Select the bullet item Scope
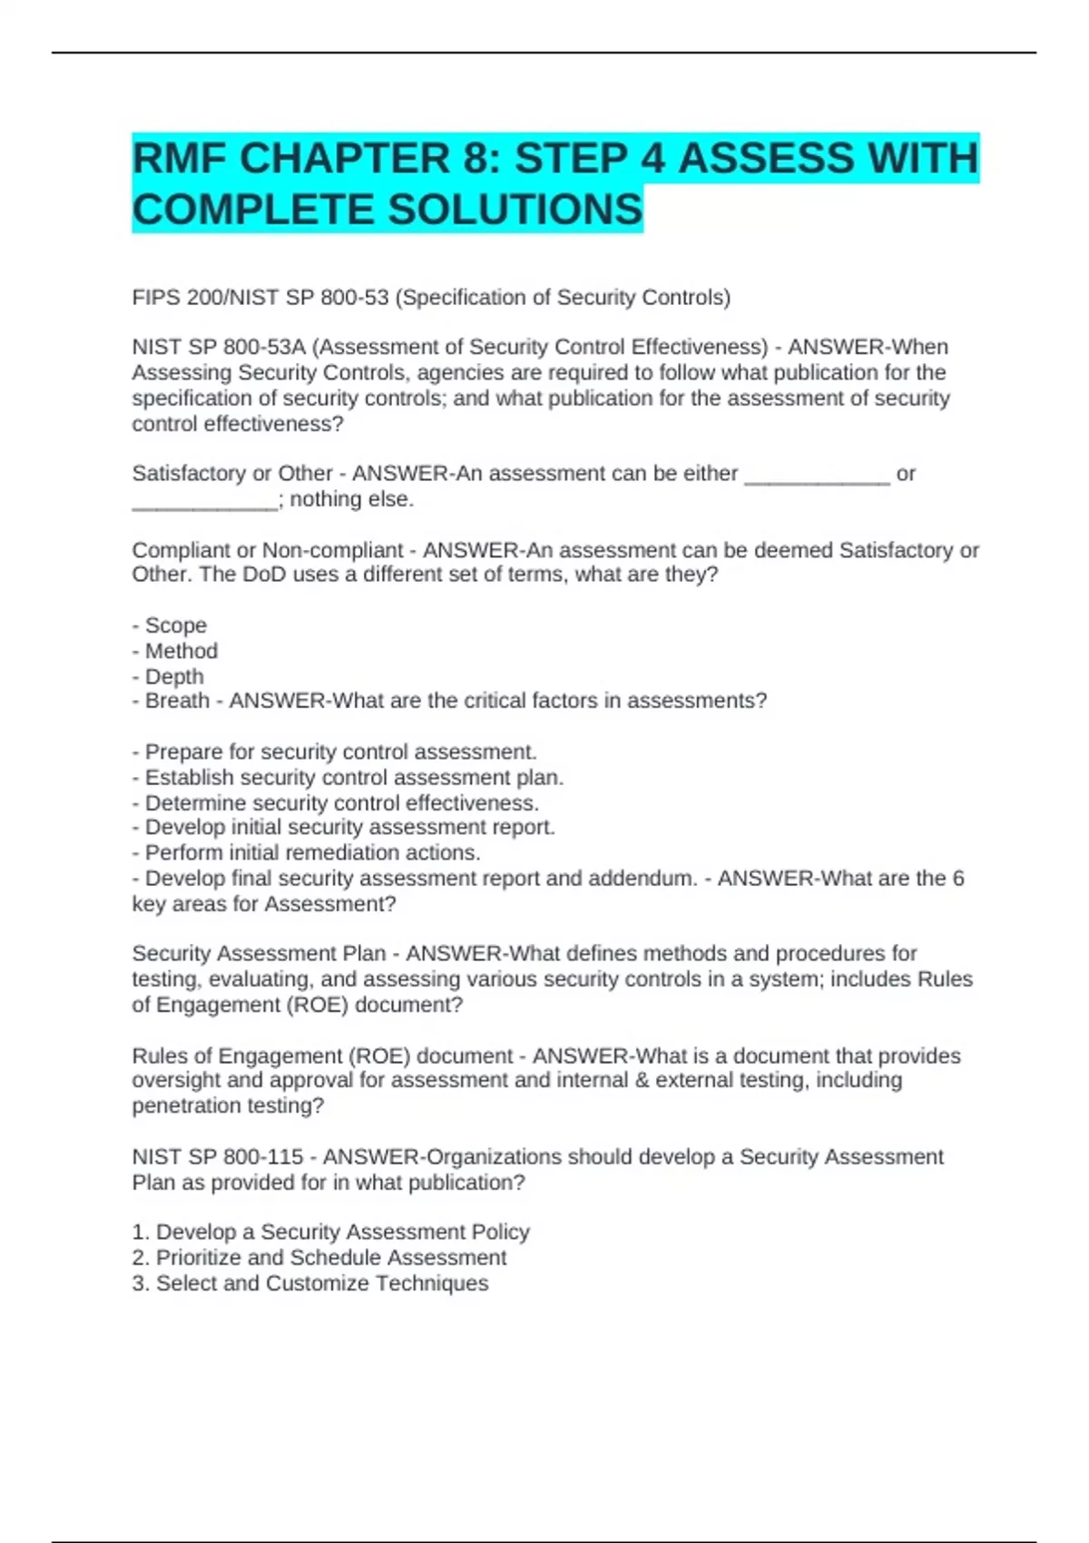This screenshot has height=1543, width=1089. click(176, 625)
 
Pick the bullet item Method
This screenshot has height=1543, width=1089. click(181, 651)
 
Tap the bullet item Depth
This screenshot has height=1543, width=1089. click(174, 676)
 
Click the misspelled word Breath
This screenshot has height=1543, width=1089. click(177, 701)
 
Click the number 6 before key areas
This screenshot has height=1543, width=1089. click(957, 879)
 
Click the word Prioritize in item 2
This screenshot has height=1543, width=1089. click(198, 1258)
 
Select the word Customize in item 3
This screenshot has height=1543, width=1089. click(317, 1283)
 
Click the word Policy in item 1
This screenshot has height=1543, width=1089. click(500, 1233)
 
